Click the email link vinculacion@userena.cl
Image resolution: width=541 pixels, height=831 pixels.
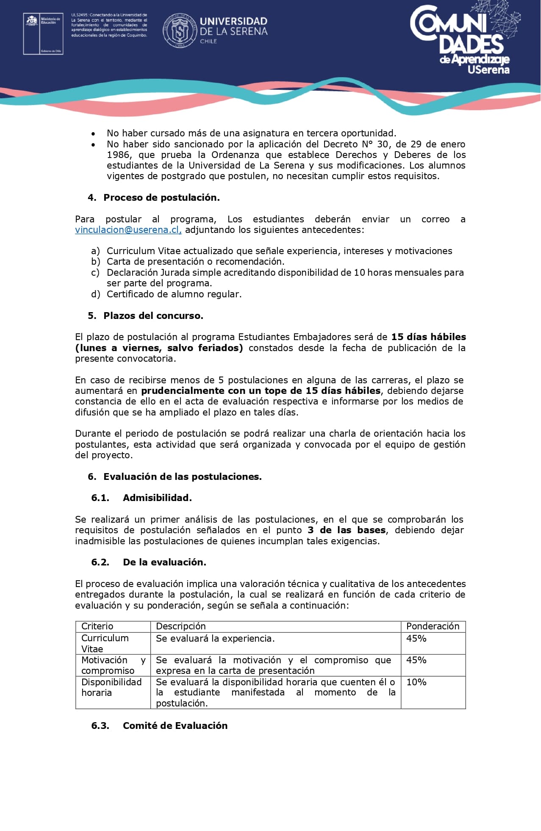point(128,230)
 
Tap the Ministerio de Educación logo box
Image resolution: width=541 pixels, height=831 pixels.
point(43,33)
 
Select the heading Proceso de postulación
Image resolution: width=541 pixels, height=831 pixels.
point(161,198)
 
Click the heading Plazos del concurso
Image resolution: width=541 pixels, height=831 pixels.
point(153,316)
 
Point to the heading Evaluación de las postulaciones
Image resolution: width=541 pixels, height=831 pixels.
point(182,477)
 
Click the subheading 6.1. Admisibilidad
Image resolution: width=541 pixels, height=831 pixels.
point(157,498)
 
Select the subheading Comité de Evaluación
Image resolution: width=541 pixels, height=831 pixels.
point(175,726)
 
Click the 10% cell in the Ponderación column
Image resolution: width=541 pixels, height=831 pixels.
point(416,682)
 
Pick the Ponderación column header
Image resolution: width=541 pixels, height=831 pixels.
point(433,626)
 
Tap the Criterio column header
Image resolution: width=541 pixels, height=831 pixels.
point(97,626)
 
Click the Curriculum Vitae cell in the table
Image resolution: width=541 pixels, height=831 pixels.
point(105,643)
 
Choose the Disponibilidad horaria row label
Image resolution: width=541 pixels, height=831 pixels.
point(111,687)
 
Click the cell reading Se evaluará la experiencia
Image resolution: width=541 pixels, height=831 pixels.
point(215,639)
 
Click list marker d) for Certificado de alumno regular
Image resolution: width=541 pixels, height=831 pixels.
point(95,294)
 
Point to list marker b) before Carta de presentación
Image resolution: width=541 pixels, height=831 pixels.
point(95,262)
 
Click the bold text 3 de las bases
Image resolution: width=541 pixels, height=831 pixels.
point(347,530)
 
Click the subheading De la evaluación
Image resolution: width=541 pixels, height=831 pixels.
point(164,562)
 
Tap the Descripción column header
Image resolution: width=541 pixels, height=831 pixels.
point(180,626)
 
